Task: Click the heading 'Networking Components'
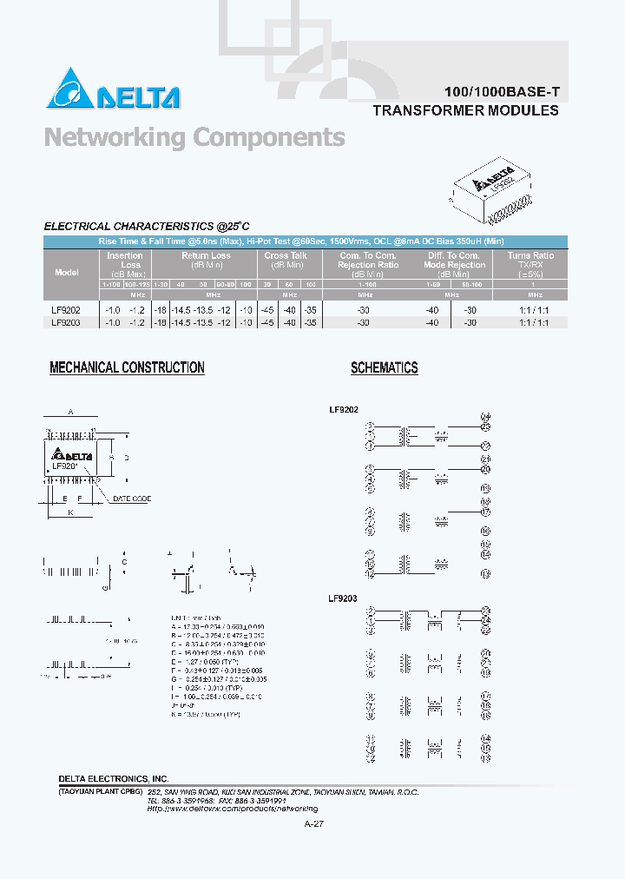(194, 137)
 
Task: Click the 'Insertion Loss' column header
(125, 260)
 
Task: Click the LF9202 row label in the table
(66, 309)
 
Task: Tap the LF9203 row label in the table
(66, 321)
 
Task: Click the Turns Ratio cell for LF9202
(530, 309)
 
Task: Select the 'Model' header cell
(67, 272)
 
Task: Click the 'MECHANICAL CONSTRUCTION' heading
(127, 367)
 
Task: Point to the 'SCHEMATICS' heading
(384, 367)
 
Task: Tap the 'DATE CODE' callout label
(131, 499)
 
